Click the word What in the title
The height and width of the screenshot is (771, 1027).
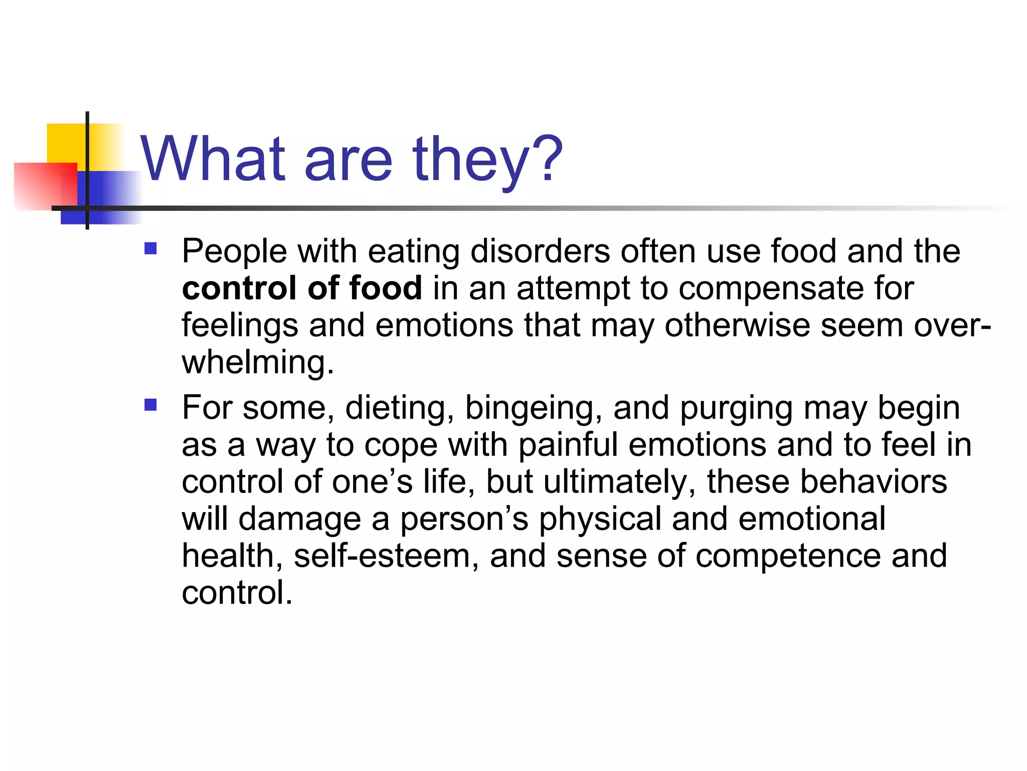(x=213, y=160)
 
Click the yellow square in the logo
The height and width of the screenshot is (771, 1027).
(x=65, y=143)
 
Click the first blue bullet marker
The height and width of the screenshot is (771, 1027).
(x=150, y=249)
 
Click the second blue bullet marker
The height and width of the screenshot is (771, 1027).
(x=150, y=405)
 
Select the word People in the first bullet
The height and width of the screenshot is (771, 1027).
(x=234, y=252)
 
